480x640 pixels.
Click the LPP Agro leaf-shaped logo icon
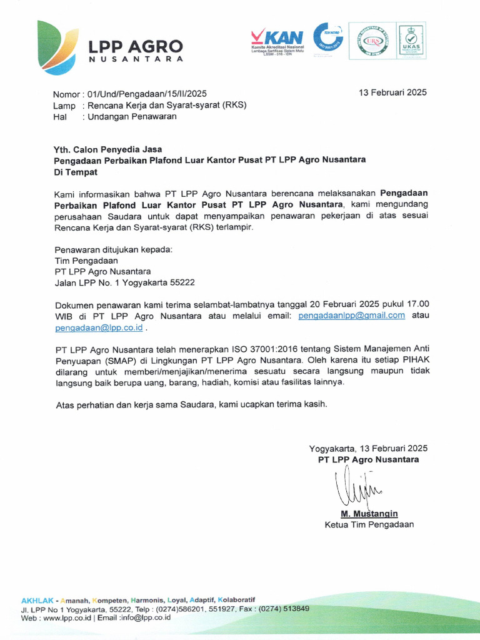click(x=57, y=47)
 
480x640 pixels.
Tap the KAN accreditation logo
click(x=277, y=39)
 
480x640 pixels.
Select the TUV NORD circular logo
click(x=328, y=37)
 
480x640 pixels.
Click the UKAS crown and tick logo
click(x=411, y=40)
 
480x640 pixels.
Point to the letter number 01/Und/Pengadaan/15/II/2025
click(x=147, y=94)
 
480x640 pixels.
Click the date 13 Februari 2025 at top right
click(x=392, y=92)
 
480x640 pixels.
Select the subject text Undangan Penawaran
click(x=132, y=116)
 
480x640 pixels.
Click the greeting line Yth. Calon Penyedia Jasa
click(x=108, y=149)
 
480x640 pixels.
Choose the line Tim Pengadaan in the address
click(x=86, y=261)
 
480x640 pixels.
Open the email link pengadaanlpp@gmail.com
click(x=352, y=316)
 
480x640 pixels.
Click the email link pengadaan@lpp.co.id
click(x=99, y=327)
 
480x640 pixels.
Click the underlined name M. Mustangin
click(x=369, y=514)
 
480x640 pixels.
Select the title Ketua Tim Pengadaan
click(x=369, y=524)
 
